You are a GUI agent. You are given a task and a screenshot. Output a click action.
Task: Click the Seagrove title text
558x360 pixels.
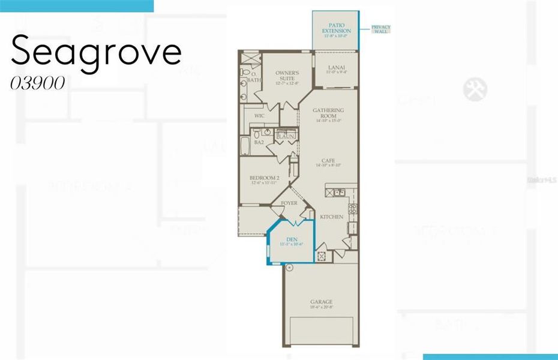coord(96,51)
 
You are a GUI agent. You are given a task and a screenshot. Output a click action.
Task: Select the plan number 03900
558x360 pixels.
coord(37,84)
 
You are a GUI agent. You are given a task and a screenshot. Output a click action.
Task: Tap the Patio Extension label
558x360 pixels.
coord(336,28)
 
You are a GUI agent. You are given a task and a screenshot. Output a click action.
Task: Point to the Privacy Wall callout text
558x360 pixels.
coord(380,29)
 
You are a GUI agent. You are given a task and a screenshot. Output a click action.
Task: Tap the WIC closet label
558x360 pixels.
coord(259,115)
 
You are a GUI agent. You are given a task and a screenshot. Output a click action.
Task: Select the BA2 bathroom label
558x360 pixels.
coord(259,142)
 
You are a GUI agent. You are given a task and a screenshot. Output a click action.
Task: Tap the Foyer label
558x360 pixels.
coord(289,203)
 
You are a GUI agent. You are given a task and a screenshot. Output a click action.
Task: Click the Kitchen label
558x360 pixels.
coord(331,217)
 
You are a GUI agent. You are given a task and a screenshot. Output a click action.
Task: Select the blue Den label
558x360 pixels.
coord(292,241)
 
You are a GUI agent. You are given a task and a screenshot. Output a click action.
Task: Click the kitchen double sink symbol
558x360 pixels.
coord(338,193)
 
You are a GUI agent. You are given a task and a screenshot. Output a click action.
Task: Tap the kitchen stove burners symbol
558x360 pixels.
coord(353,209)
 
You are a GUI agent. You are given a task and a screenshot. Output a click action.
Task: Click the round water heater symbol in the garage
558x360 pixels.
coord(289,268)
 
